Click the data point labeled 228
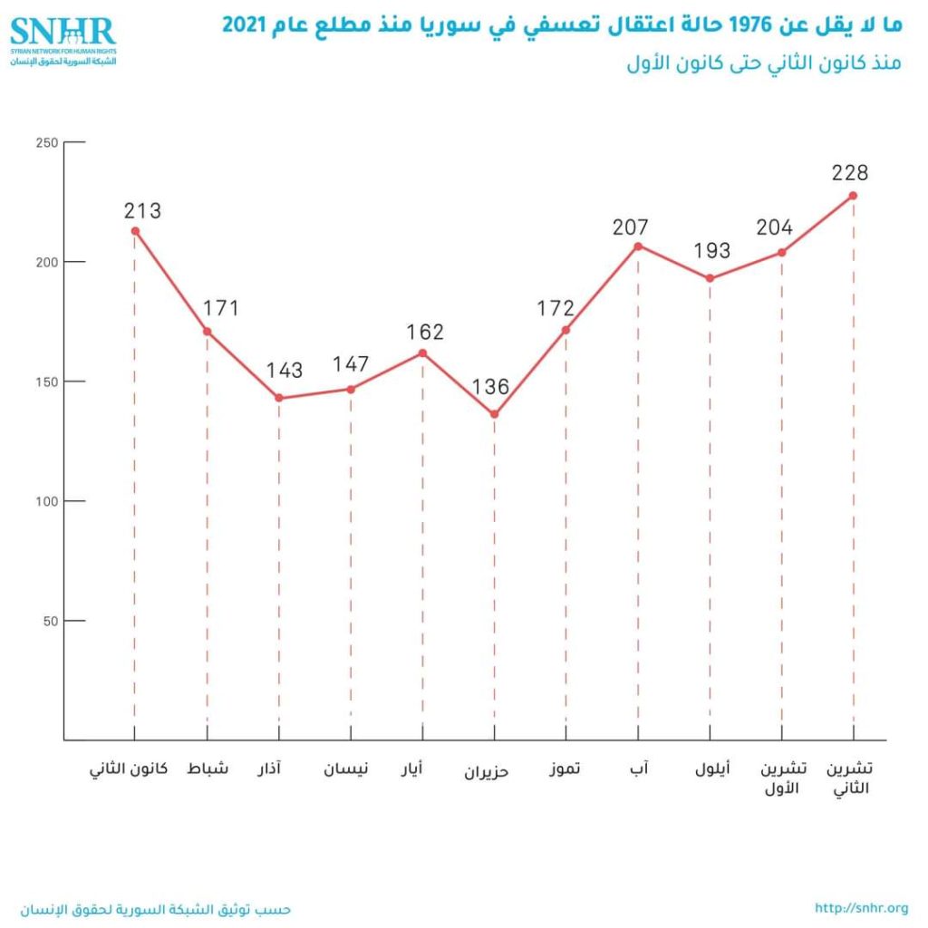853,196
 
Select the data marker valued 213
135,231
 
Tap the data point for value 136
494,415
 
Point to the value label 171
220,308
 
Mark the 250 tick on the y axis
45,142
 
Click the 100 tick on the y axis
45,501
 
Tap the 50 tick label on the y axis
49,621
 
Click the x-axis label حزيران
488,772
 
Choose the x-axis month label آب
639,769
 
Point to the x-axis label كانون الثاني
129,770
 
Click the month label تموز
565,769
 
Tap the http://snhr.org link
861,908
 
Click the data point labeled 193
710,278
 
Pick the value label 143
284,371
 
